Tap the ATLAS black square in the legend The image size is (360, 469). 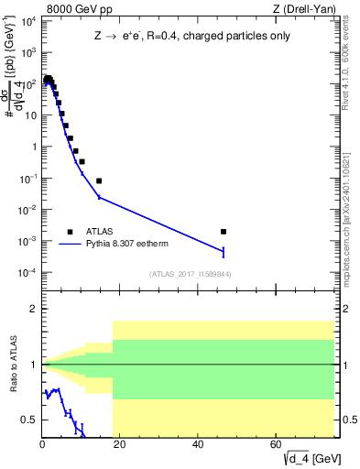tap(70, 232)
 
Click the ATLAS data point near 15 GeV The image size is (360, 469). tap(99, 180)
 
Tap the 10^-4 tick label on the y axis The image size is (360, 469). tap(27, 273)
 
